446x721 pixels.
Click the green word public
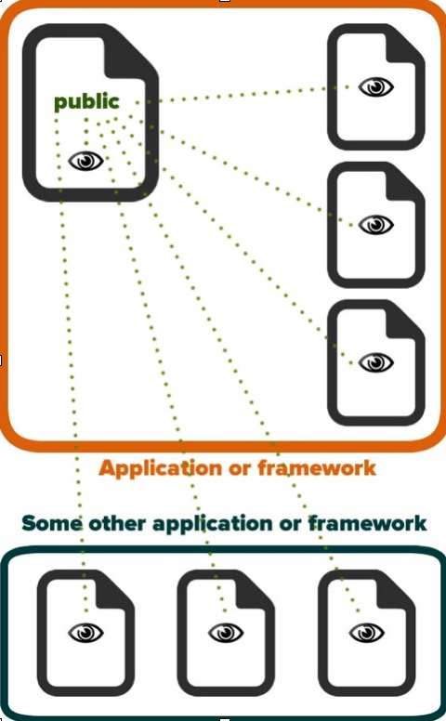[86, 102]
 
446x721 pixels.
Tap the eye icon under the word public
[86, 161]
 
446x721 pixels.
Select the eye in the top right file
[375, 87]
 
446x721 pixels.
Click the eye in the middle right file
[375, 225]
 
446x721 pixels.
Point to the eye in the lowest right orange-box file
[375, 362]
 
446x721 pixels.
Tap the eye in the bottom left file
[86, 633]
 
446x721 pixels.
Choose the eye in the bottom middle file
[226, 633]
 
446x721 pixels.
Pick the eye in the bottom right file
[366, 633]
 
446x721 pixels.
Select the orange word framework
[317, 467]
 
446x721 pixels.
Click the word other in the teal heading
[117, 523]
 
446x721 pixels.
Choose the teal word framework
[367, 523]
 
